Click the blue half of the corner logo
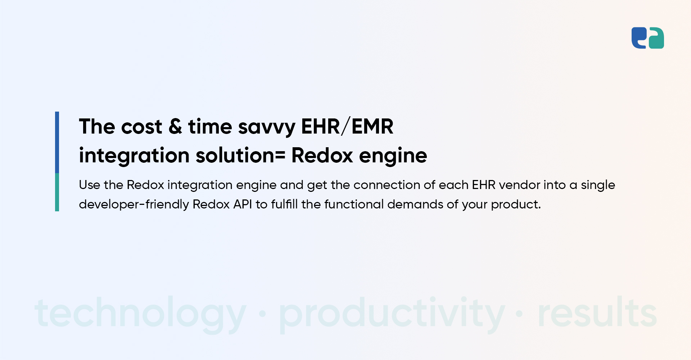point(638,37)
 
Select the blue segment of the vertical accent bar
point(57,142)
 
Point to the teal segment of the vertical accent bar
point(57,192)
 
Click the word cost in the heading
point(141,127)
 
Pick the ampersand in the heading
point(175,127)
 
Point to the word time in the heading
point(210,127)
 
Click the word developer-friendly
point(134,204)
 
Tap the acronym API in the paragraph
point(243,204)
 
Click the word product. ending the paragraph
point(516,205)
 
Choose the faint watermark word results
point(597,312)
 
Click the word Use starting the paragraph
point(89,185)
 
